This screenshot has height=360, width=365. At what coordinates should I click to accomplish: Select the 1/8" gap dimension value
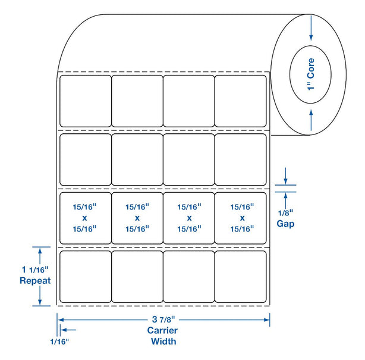click(287, 213)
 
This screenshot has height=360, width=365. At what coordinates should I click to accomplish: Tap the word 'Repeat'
click(35, 280)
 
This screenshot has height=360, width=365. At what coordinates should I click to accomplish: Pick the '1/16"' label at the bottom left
click(59, 342)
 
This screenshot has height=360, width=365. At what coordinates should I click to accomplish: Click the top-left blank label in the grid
click(86, 101)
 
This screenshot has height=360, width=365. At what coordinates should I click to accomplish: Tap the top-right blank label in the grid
click(240, 101)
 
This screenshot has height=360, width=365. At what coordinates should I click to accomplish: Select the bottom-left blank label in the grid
click(86, 276)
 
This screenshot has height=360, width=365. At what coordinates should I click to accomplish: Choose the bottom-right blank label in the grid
click(240, 276)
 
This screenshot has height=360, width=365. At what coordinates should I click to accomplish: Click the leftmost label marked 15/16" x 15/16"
click(86, 218)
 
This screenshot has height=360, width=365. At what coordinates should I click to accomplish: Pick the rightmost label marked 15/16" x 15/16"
click(240, 218)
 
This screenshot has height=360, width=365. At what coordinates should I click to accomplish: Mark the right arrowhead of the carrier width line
click(267, 320)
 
